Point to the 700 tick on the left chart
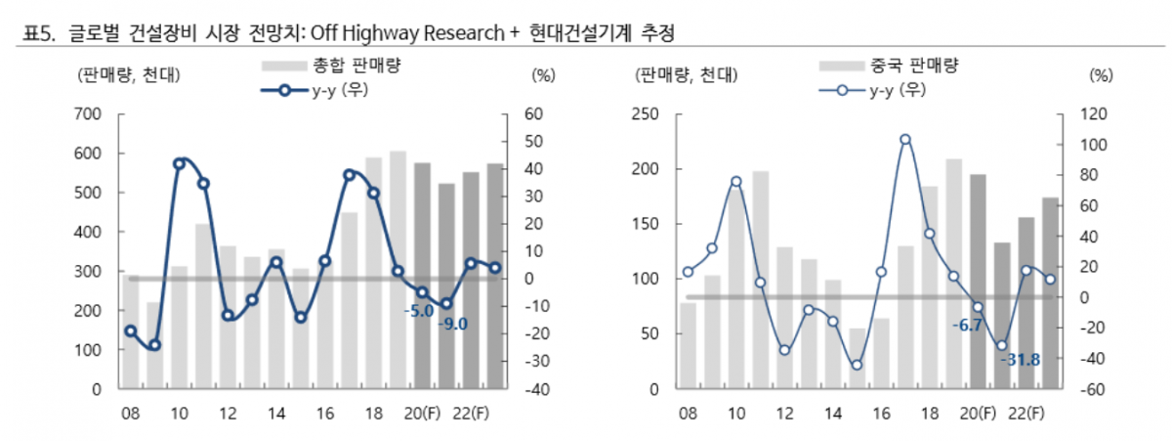[x=90, y=114]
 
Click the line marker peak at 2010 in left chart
[x=179, y=163]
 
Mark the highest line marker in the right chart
[x=905, y=140]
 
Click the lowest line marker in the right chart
[x=857, y=365]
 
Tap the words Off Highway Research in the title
[x=407, y=34]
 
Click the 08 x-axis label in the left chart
[x=130, y=413]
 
